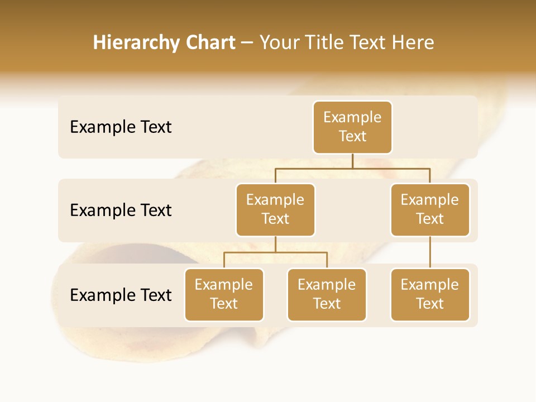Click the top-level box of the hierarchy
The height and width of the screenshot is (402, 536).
[352, 127]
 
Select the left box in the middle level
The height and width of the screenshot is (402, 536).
[275, 209]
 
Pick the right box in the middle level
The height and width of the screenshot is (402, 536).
[430, 209]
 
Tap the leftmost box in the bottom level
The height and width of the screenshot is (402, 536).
[224, 294]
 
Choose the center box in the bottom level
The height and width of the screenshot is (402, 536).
[327, 294]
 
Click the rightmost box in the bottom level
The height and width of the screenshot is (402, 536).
[430, 294]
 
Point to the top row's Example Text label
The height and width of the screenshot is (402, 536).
[121, 127]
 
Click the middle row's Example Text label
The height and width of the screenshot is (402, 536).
[121, 210]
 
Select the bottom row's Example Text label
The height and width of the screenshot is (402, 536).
[121, 295]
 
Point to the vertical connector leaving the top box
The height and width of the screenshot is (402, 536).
[352, 161]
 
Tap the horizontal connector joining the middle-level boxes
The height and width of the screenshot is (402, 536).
[352, 168]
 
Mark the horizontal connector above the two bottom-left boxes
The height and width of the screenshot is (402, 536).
[275, 252]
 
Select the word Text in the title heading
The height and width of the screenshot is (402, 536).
[368, 43]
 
